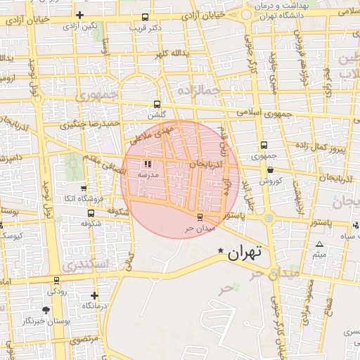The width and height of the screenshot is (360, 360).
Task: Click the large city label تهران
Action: tap(245, 251)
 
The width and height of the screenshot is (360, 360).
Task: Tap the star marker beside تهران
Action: tap(221, 250)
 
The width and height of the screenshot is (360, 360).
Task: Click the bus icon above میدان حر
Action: tap(200, 217)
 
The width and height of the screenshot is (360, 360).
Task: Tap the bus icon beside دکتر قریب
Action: tap(146, 17)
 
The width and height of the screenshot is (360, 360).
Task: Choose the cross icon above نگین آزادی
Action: tap(79, 15)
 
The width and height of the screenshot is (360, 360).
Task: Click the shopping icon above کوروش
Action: tap(270, 170)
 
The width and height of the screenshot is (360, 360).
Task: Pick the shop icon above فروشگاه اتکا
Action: tap(84, 188)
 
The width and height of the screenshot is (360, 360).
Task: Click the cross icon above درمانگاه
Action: tap(95, 296)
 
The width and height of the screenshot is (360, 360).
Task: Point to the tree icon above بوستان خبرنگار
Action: tap(46, 310)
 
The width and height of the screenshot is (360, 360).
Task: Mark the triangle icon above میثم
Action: tap(320, 244)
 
